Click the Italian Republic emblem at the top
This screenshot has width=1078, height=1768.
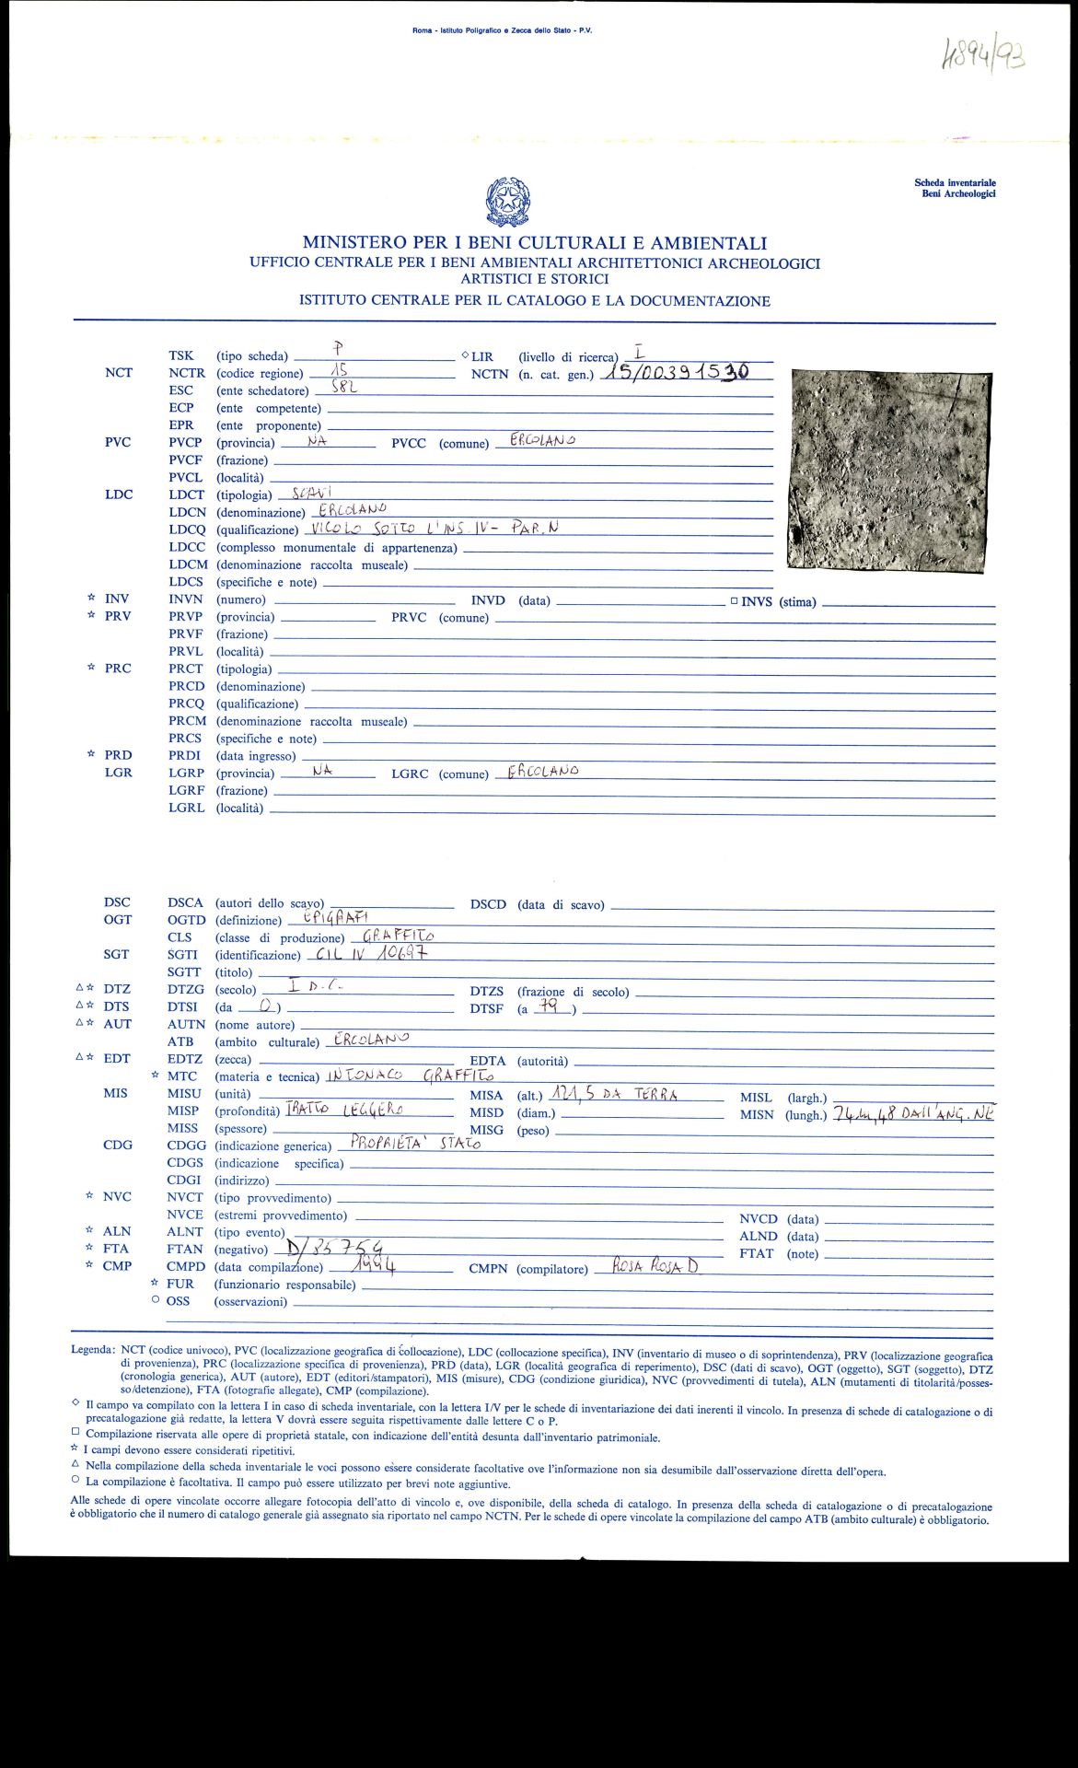508,202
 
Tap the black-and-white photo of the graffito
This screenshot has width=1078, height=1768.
888,469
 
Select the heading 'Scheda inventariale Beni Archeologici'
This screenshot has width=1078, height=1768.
955,188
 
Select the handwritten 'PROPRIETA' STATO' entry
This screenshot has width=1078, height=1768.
416,1144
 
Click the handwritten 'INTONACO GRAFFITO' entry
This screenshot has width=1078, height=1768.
411,1074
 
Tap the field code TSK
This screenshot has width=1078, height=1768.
181,355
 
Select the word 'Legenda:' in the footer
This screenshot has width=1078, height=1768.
94,1349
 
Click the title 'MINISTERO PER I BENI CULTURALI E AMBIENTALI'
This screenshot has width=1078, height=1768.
534,243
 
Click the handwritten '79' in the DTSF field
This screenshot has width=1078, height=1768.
550,1006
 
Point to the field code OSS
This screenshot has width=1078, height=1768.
178,1300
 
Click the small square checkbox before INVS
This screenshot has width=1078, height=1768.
734,601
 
